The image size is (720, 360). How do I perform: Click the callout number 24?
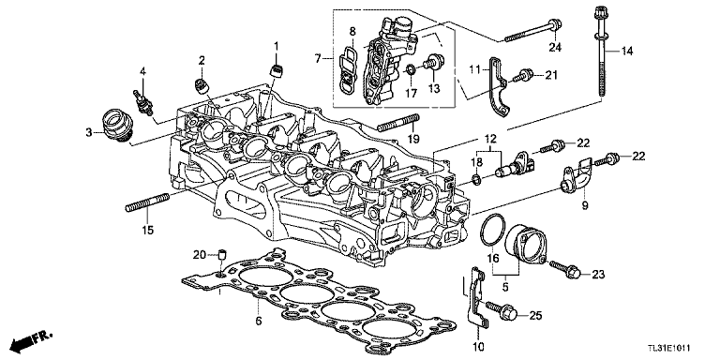[555, 49]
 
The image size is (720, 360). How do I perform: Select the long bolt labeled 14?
[598, 56]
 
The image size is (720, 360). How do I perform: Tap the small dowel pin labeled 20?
[223, 254]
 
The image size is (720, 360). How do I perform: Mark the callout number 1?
[277, 46]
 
